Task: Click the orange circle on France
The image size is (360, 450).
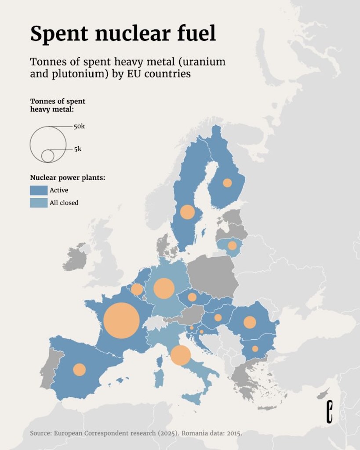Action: coord(121,320)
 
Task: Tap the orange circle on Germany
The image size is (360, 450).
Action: coord(164,288)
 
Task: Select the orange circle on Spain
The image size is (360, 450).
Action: coord(79,370)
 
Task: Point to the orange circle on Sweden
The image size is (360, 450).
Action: coord(187,212)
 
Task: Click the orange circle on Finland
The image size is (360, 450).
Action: coord(227,183)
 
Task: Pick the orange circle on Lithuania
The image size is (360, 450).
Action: coord(232,246)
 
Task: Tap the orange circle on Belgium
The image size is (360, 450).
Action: coord(137,290)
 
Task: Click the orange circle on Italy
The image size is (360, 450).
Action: coord(180,355)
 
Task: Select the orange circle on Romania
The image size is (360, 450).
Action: coord(250,322)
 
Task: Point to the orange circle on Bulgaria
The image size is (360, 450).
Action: coord(255,349)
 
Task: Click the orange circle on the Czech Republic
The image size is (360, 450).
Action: coord(192,297)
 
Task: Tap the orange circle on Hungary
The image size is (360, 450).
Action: coord(218,317)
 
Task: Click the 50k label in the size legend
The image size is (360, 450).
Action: coord(79,126)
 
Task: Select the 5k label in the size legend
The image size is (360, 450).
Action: coord(77,149)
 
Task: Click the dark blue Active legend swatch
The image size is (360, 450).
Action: coord(39,190)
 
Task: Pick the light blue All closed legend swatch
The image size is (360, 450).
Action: coord(39,203)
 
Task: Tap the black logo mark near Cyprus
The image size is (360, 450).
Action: coord(329,412)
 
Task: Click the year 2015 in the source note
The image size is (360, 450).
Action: coord(233,433)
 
